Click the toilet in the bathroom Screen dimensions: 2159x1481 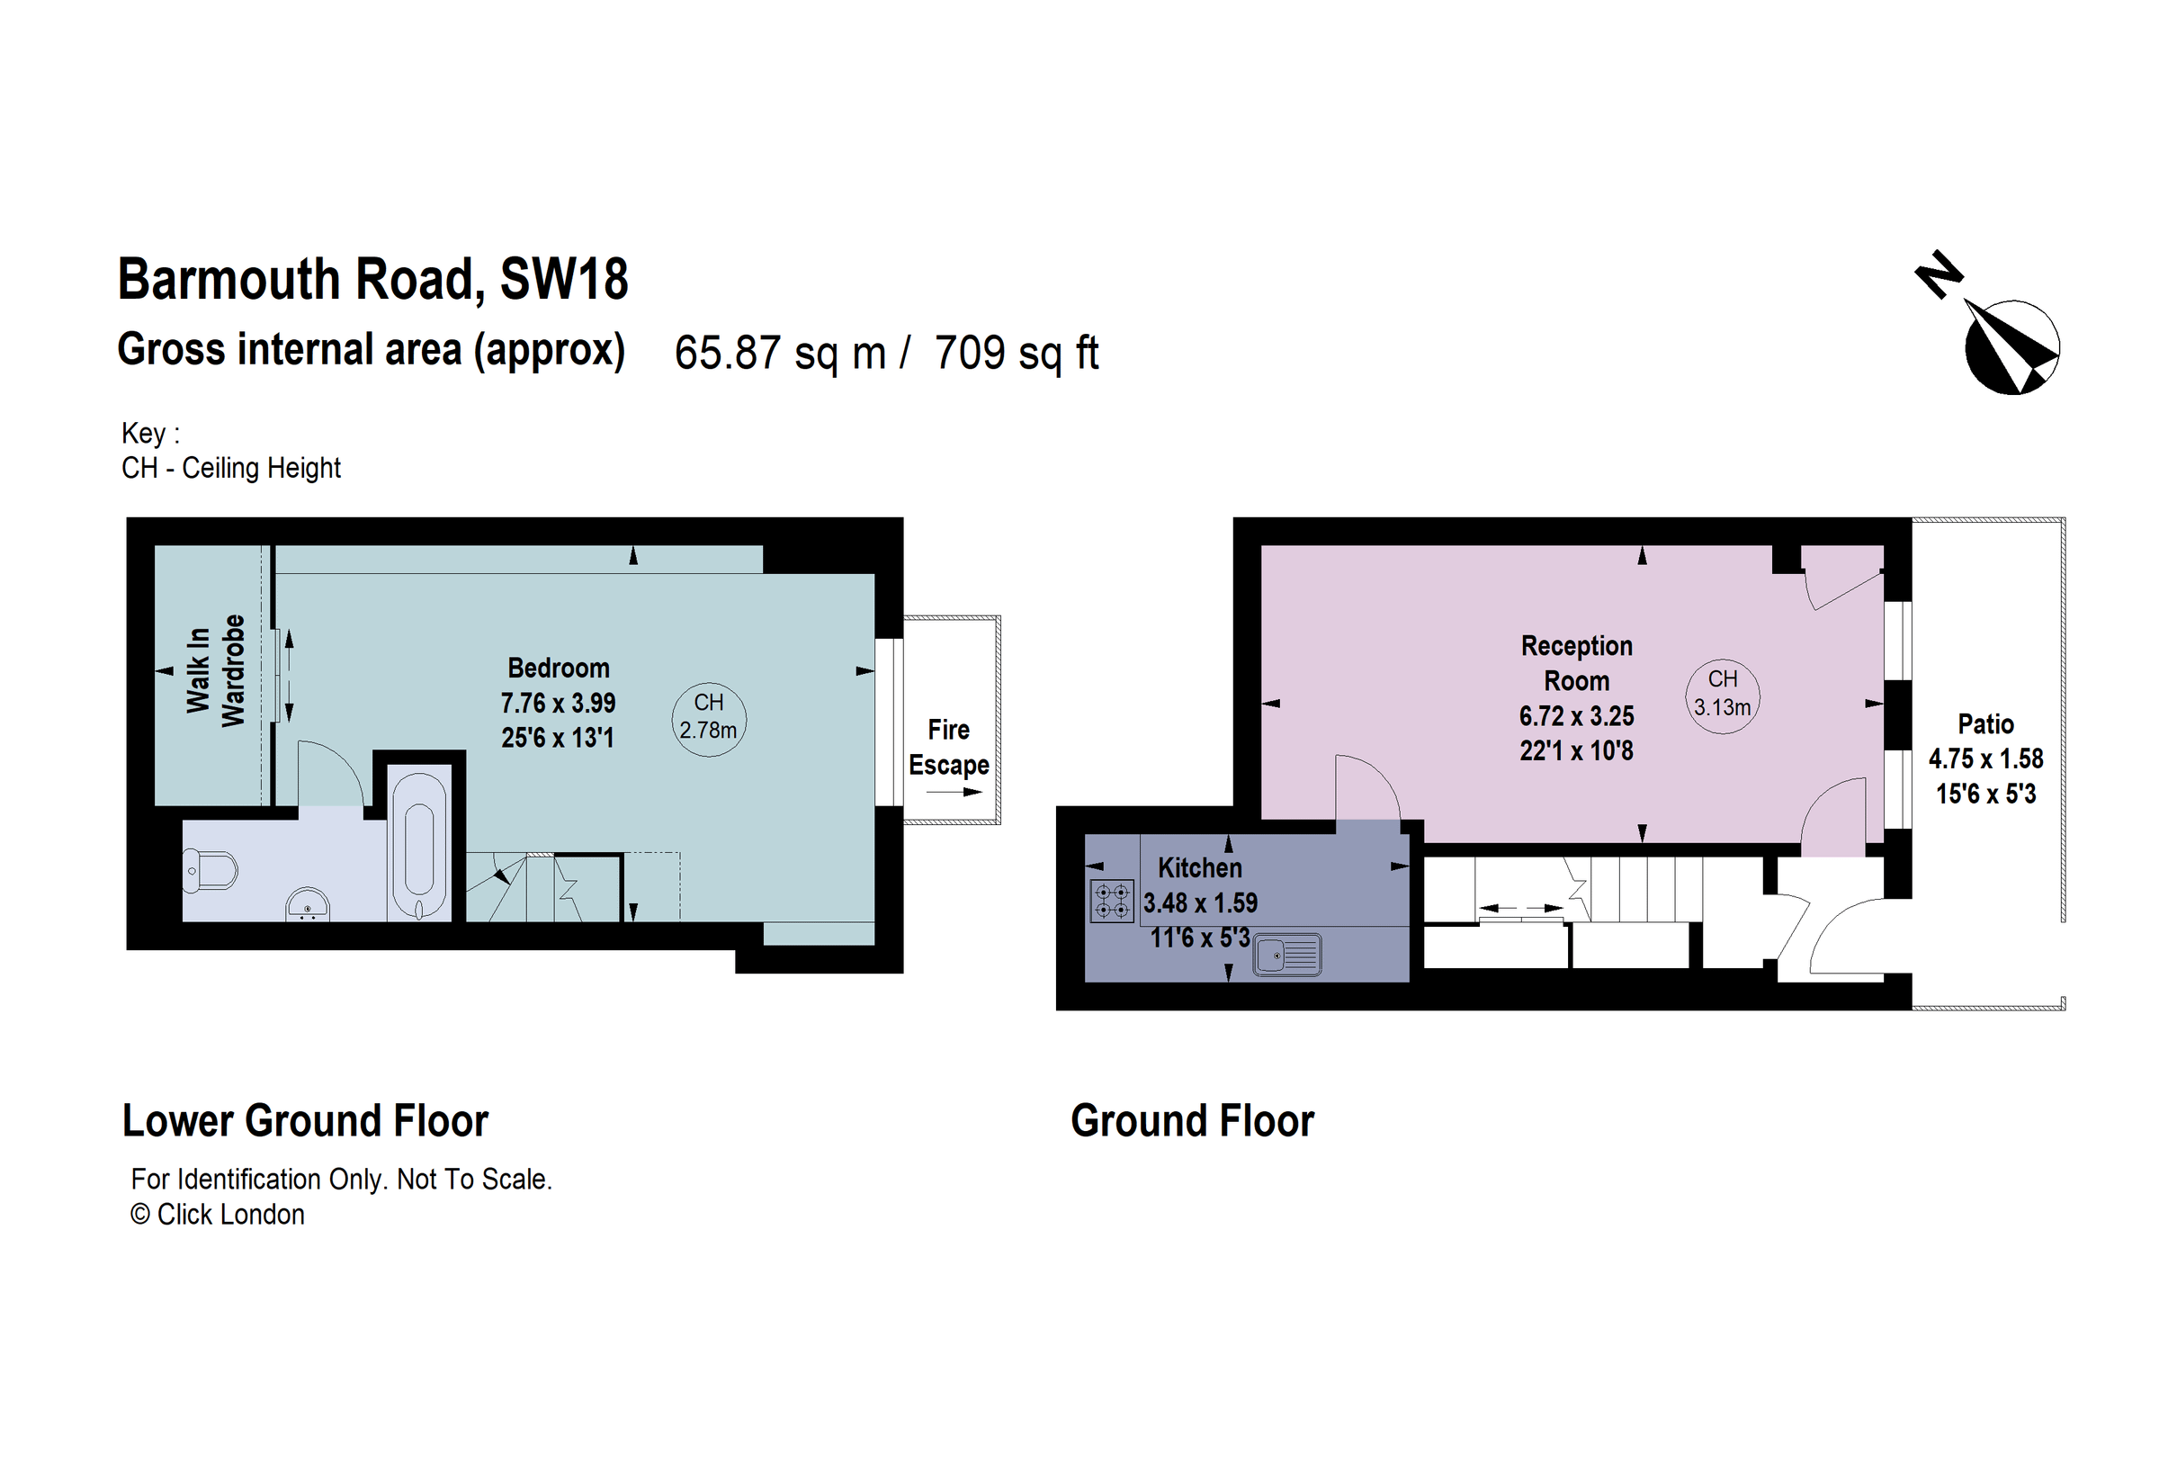(x=210, y=871)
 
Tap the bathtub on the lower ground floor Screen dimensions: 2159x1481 (x=419, y=846)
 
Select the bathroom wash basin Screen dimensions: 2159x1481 (x=308, y=904)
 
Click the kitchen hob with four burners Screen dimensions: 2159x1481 (x=1111, y=901)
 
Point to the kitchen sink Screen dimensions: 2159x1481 (x=1286, y=955)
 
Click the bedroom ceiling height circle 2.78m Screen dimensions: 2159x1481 (x=709, y=719)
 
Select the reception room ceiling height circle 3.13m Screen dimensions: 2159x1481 (x=1723, y=696)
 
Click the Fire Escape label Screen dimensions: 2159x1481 (x=948, y=747)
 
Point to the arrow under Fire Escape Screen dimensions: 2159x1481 (x=954, y=793)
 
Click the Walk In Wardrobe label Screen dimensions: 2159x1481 (x=216, y=670)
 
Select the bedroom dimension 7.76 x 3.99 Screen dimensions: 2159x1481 (x=559, y=704)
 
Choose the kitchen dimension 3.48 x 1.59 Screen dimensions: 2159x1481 (x=1200, y=903)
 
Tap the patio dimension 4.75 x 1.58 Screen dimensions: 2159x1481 (x=1986, y=759)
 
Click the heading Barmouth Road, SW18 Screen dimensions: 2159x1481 (x=373, y=279)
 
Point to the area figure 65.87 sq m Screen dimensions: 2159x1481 (x=780, y=353)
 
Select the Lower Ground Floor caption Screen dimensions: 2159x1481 (x=306, y=1121)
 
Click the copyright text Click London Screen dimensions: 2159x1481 (x=218, y=1215)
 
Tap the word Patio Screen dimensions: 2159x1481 (x=1986, y=723)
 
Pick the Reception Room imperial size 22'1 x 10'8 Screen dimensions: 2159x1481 (x=1576, y=750)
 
